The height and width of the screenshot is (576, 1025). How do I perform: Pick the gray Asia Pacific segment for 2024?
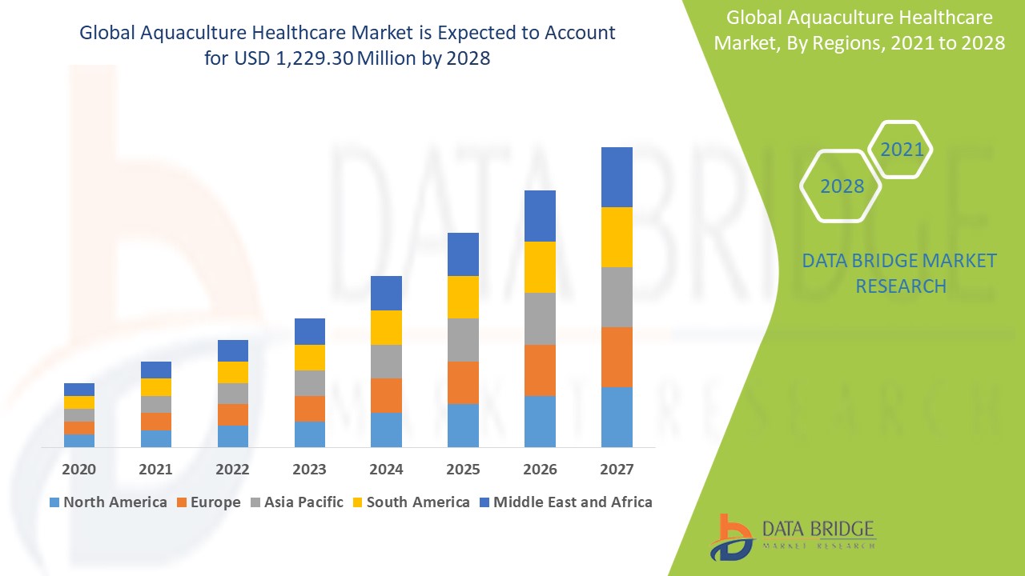386,362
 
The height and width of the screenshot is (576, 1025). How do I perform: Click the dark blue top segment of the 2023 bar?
310,331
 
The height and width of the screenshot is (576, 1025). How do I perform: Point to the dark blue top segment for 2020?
79,390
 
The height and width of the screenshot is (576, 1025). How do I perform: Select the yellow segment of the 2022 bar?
233,372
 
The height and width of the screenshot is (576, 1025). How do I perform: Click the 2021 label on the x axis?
155,470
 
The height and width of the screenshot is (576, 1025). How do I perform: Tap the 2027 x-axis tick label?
617,470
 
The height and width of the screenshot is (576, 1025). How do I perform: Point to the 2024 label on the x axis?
386,470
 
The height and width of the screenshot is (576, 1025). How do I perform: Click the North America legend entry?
108,502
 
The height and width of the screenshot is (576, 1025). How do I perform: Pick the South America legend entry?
410,502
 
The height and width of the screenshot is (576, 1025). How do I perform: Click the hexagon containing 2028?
842,186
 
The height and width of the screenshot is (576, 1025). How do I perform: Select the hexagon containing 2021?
902,150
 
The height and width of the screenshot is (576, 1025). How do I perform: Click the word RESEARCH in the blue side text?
901,286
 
